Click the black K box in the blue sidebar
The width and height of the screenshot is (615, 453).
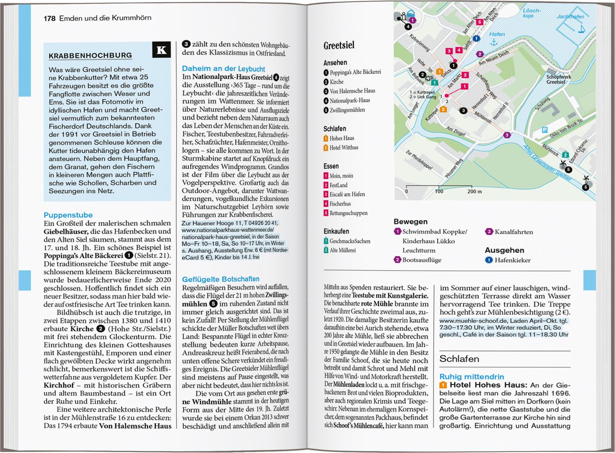(x=162, y=50)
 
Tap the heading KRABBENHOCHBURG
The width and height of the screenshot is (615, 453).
(x=90, y=56)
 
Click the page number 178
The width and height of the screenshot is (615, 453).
(x=49, y=18)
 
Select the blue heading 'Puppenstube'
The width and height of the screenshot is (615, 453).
(x=68, y=215)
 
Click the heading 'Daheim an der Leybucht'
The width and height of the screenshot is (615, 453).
(x=223, y=69)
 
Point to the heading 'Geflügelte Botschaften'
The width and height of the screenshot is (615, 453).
(x=221, y=279)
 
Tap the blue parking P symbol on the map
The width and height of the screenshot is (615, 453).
(x=544, y=130)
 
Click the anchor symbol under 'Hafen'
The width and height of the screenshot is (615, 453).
(x=494, y=43)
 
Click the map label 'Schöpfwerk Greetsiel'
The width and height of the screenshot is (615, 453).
(x=558, y=80)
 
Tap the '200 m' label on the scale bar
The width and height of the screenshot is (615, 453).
(x=474, y=191)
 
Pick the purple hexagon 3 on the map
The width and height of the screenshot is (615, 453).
(x=507, y=135)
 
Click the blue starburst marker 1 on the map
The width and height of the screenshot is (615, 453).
(x=476, y=39)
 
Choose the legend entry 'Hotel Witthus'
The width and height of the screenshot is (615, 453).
(x=344, y=148)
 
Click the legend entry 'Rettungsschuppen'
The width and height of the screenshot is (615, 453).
(x=348, y=213)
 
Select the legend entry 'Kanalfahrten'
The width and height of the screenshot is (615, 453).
(x=513, y=232)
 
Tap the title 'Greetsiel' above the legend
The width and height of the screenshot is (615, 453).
(x=339, y=46)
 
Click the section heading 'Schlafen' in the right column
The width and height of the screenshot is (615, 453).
(x=459, y=359)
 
